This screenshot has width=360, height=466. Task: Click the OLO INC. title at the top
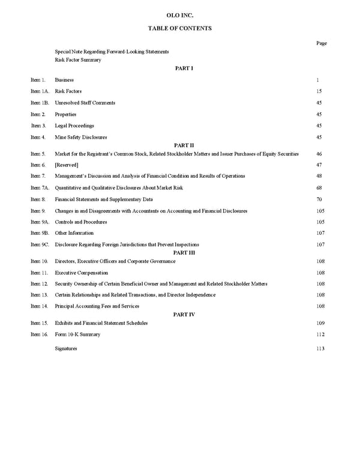tap(179, 14)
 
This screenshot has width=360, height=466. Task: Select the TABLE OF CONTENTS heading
tap(179, 28)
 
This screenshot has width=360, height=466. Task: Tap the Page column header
tap(321, 43)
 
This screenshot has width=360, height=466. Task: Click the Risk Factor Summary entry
tap(78, 60)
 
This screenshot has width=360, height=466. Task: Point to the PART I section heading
tap(184, 68)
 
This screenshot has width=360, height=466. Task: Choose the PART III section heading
tap(184, 253)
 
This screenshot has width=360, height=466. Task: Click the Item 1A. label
tap(40, 91)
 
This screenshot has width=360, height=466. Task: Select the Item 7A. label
tap(40, 188)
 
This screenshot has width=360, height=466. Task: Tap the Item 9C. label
tap(40, 245)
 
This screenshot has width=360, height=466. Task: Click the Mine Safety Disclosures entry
tap(81, 138)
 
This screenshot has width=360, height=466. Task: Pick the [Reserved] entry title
tap(67, 165)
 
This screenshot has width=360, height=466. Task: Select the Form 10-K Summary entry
tap(77, 334)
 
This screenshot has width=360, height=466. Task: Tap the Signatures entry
tap(66, 349)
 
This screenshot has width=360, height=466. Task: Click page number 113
tap(320, 349)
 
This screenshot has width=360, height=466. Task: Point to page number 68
tap(319, 188)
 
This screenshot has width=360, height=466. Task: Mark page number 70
tap(319, 199)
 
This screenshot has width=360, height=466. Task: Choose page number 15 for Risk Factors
tap(319, 91)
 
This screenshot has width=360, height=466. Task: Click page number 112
tap(320, 334)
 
